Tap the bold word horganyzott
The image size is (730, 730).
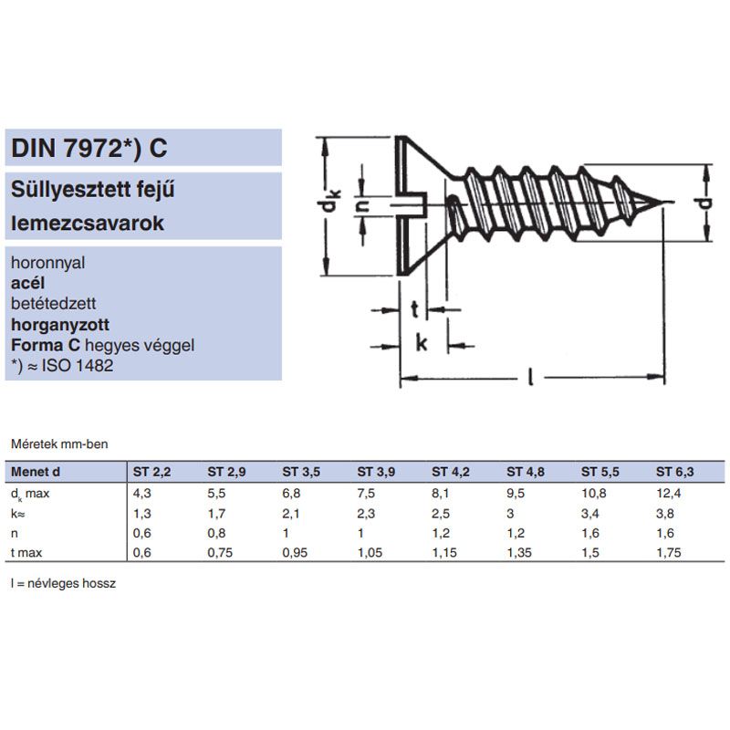coord(59,323)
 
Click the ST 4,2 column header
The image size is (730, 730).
coord(451,472)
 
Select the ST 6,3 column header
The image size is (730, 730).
coord(675,472)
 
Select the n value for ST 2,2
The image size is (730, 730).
coord(142,532)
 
